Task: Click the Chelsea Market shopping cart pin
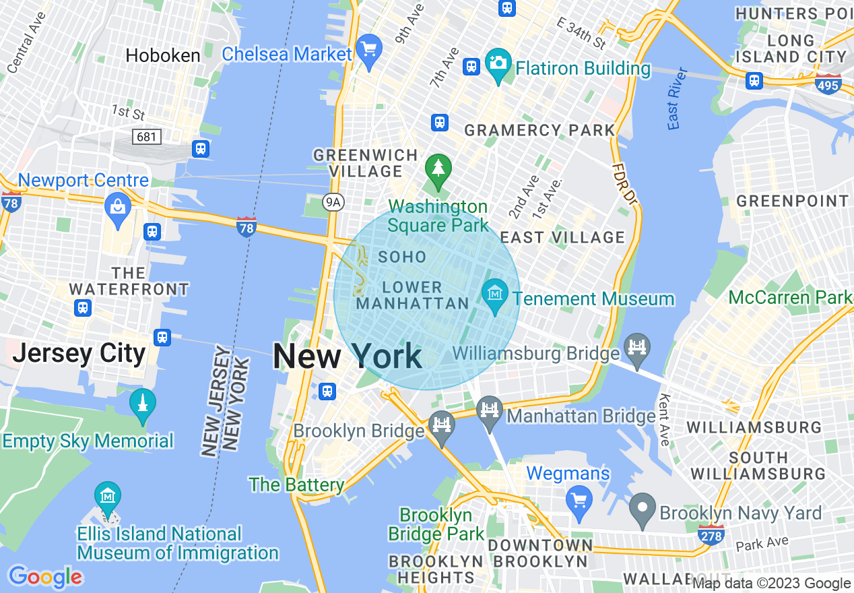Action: point(368,49)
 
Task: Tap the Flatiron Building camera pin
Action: point(498,63)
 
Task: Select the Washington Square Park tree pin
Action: point(438,167)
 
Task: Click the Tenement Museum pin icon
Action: point(496,294)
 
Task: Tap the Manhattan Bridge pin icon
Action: point(490,410)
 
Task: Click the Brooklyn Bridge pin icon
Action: point(441,425)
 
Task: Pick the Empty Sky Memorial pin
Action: point(142,403)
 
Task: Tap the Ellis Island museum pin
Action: point(108,497)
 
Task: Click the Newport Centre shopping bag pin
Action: point(118,205)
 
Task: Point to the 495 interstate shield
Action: point(828,84)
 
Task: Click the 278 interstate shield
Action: point(711,536)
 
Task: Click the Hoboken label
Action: point(163,55)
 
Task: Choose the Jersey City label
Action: point(79,353)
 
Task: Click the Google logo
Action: point(45,577)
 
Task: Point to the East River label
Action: point(678,98)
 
